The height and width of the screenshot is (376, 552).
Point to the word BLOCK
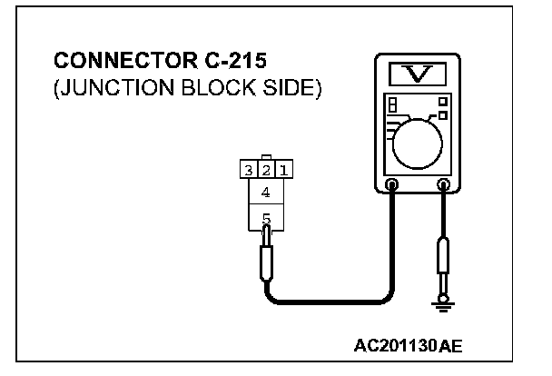(211, 92)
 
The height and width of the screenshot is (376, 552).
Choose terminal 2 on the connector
(265, 169)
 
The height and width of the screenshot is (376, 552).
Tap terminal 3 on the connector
(248, 169)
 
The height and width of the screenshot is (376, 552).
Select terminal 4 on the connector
(265, 193)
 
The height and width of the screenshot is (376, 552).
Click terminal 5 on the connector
(265, 219)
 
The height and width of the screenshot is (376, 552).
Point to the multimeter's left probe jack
(391, 185)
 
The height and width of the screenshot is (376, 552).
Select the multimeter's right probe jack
(444, 185)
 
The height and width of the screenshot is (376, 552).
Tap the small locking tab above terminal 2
(265, 156)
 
